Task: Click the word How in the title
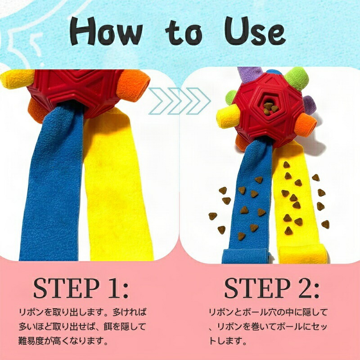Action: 106,31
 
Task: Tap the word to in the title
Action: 184,32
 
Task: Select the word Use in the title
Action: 255,31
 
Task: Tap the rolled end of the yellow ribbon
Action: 303,255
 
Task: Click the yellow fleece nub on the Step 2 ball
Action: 228,116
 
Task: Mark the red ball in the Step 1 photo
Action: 76,91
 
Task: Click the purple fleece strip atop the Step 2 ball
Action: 250,75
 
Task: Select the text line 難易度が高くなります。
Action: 63,341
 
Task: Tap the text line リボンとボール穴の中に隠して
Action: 268,312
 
